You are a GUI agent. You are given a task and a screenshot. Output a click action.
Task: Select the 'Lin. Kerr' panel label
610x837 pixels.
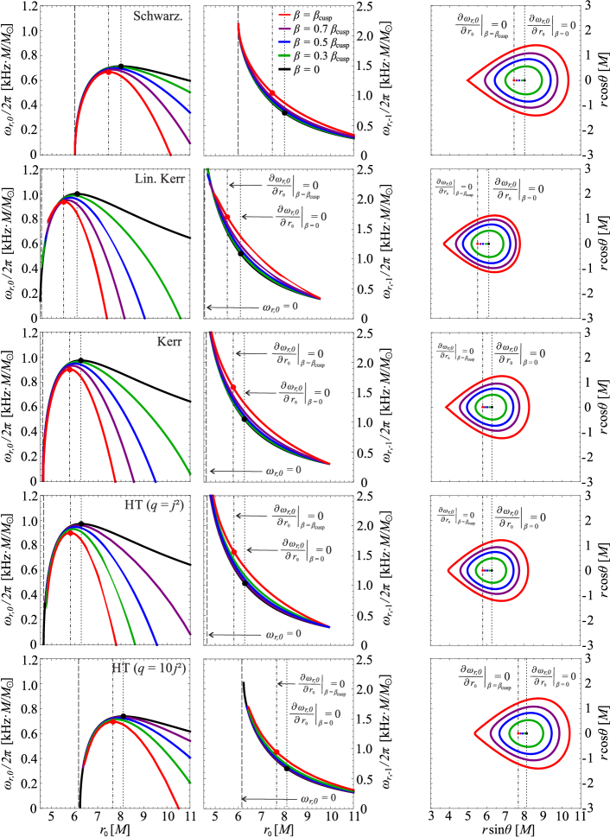158,179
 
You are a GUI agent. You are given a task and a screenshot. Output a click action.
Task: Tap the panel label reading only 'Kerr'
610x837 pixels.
168,341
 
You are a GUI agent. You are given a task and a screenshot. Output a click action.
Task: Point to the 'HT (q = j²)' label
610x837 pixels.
155,505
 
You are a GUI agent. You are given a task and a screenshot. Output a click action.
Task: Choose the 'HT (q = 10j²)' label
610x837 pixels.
149,669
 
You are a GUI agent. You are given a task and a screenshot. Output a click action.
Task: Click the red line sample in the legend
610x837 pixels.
284,15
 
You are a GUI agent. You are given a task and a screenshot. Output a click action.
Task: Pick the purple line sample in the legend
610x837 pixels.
284,29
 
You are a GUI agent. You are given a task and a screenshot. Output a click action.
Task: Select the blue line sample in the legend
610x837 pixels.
284,41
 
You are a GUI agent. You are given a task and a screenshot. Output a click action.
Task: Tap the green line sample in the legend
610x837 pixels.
284,55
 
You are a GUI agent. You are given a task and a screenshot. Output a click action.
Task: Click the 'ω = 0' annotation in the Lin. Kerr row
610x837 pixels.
281,307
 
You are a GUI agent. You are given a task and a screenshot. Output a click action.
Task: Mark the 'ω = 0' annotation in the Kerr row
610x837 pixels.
283,471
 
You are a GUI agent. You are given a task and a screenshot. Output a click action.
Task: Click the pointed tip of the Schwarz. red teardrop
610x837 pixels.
467,80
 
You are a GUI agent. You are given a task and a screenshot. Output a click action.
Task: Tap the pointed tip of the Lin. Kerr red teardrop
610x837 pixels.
444,244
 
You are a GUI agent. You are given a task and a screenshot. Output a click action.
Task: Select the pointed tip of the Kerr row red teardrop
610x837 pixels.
446,407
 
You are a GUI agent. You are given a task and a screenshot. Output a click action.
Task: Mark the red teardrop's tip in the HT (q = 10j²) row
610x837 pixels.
474,733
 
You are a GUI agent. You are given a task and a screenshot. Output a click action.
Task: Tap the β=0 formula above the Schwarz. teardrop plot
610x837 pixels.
553,26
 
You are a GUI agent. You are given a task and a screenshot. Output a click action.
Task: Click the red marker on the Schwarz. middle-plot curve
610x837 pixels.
272,92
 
